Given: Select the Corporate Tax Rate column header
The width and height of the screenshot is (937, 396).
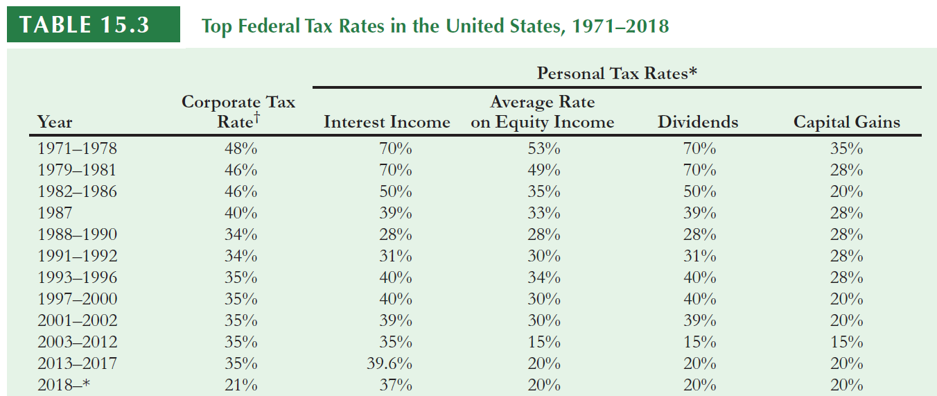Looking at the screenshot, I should point(238,112).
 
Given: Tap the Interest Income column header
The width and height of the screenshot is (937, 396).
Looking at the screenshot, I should point(387,123).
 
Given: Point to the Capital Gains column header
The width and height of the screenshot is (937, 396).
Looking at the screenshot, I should point(846,123).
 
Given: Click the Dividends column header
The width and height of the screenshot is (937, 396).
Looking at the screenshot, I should point(698,123).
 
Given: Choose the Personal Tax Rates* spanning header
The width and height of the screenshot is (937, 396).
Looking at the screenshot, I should point(616,73).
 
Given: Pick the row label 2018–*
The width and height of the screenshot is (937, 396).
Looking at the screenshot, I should point(64,385).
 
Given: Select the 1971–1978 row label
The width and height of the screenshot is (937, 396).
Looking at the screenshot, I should point(77,148).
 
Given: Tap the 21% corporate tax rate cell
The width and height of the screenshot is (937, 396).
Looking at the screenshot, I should point(241,385).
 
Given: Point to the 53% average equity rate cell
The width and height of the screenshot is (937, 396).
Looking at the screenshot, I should point(544,148).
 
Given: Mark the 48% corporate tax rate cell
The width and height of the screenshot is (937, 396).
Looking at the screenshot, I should point(241,148).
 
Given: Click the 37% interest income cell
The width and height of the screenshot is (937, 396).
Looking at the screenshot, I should point(395,385).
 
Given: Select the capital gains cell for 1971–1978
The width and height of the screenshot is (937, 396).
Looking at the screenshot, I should point(846,148).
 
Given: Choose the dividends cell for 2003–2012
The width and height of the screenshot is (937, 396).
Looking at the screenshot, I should point(699,342).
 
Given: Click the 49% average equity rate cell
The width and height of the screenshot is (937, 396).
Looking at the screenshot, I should point(544,170).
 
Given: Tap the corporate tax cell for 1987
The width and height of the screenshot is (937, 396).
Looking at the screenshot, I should point(241,213).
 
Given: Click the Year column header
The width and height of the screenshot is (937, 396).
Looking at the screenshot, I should point(55,123).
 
